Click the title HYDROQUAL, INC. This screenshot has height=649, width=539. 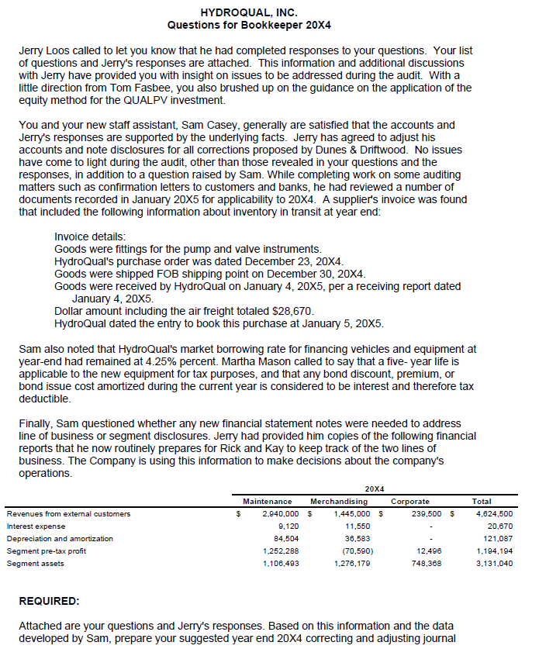249,12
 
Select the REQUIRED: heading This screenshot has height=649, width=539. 50,601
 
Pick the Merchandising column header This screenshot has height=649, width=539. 339,502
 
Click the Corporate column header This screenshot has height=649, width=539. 410,502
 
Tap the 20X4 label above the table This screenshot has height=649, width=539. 375,488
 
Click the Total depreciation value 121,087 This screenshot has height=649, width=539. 497,538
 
